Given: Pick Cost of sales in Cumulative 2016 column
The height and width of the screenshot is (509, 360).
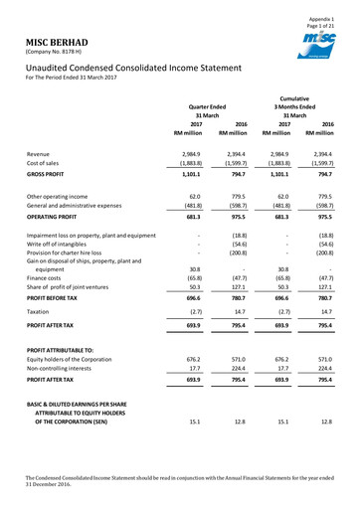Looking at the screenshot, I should pos(333,164).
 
